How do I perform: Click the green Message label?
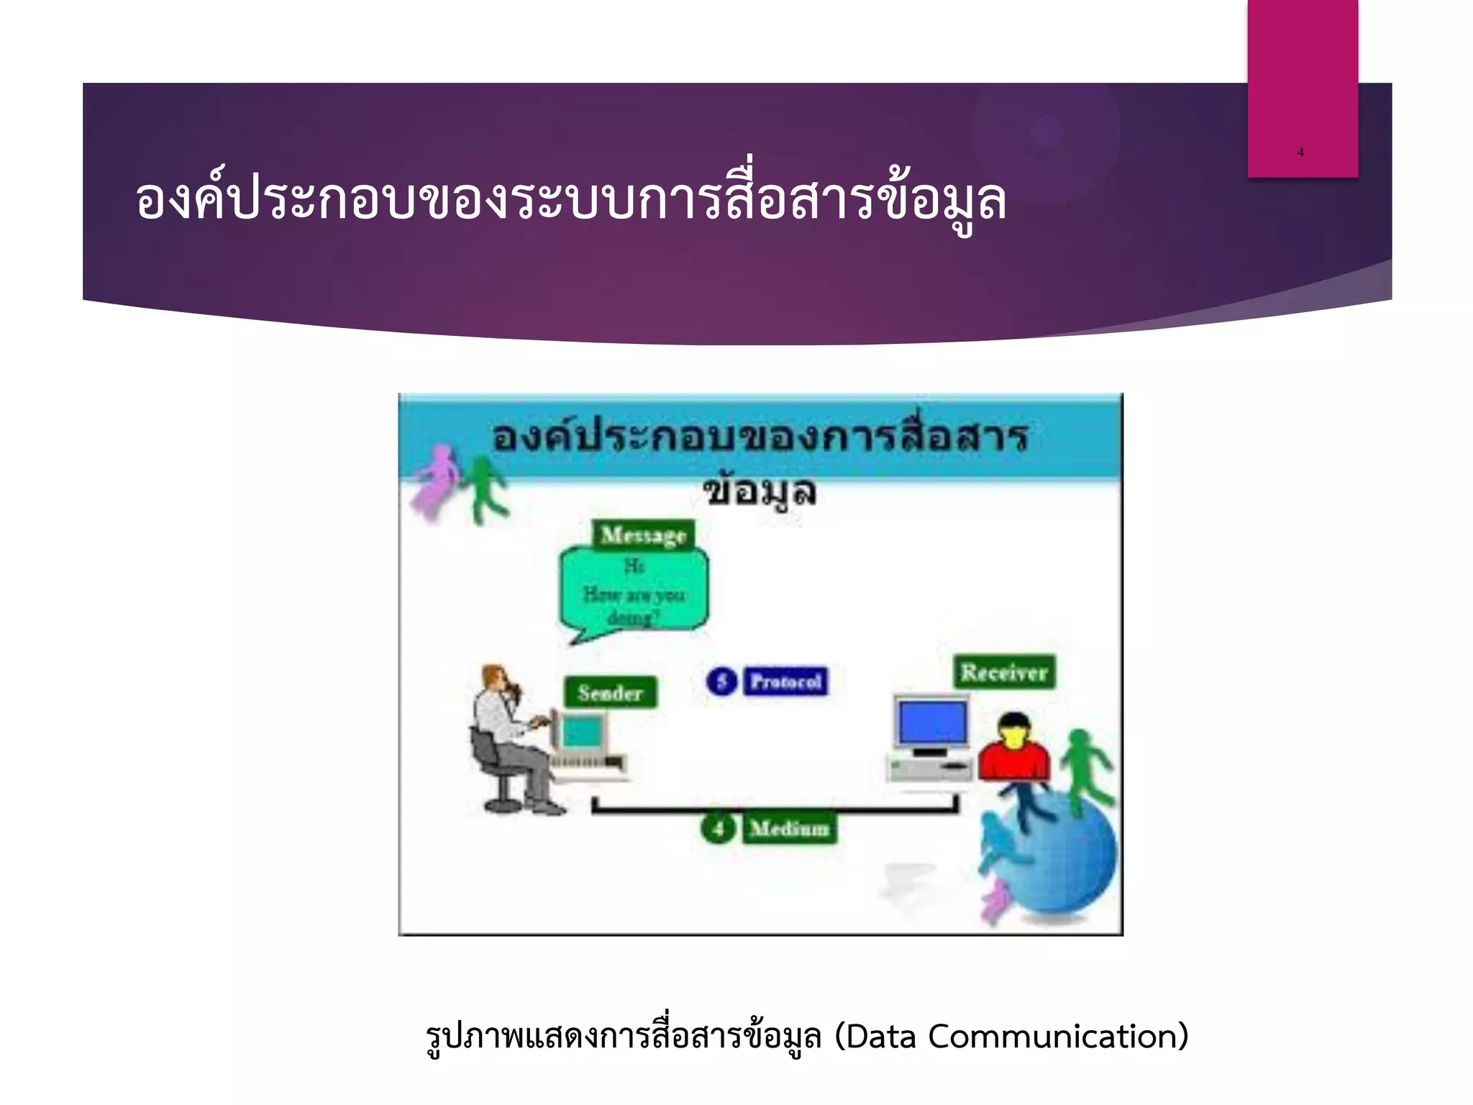(x=644, y=535)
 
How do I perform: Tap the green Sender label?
(x=610, y=693)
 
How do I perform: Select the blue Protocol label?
(x=785, y=681)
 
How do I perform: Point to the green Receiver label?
(x=1004, y=673)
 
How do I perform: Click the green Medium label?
(x=790, y=829)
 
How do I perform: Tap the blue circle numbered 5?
(x=722, y=681)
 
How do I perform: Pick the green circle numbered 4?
(x=718, y=829)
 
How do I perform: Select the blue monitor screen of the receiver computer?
(x=931, y=722)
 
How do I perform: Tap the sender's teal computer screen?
(x=581, y=733)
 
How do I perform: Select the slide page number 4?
(x=1300, y=153)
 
